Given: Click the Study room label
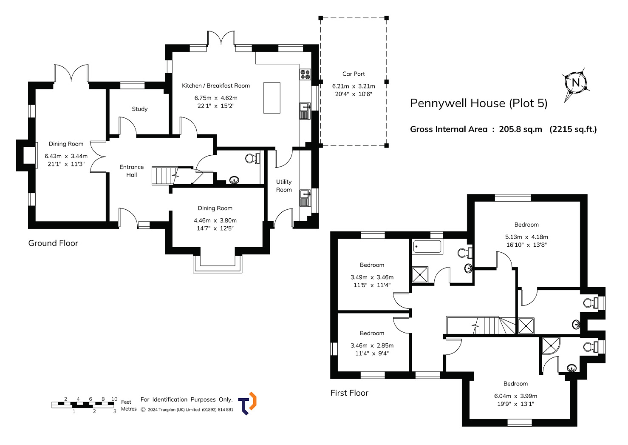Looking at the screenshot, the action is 140,109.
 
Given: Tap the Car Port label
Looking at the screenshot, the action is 354,74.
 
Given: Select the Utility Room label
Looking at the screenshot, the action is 284,186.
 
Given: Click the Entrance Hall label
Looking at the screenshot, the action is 131,171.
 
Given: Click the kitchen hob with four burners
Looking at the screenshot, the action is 305,74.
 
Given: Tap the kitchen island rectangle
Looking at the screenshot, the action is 272,98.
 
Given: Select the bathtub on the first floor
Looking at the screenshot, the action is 427,247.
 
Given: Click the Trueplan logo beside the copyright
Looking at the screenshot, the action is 247,403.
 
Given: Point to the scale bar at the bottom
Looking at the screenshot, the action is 83,405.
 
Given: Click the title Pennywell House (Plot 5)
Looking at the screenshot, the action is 478,103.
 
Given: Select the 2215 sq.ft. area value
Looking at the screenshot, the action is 573,129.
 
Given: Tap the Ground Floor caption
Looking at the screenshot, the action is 53,243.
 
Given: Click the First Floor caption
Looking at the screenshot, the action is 349,393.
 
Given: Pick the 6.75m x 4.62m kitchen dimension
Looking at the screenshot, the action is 216,98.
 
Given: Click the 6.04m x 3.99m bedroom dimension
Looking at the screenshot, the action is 515,396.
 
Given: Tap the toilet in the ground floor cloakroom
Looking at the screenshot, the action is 252,158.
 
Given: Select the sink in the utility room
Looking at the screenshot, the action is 305,198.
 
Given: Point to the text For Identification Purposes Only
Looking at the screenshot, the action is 187,399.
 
